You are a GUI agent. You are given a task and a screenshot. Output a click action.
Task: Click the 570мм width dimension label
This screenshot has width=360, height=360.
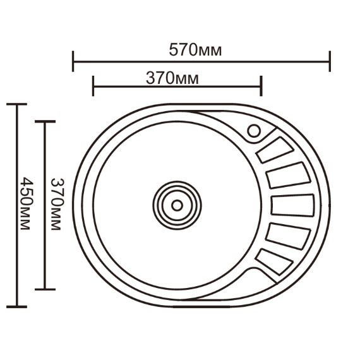click(195, 50)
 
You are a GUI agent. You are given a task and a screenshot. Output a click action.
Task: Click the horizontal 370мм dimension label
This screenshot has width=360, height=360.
click(172, 78)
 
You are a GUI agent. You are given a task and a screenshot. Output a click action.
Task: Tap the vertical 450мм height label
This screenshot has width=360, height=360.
click(27, 203)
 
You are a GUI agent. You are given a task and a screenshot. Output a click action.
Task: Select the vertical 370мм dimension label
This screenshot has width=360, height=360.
click(57, 204)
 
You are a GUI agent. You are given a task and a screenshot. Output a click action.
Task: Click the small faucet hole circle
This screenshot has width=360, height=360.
click(254, 131)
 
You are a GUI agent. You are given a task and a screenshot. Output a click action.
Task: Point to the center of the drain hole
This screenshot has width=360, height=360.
click(177, 205)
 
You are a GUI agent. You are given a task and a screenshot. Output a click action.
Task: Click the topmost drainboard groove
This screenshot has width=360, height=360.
click(275, 150)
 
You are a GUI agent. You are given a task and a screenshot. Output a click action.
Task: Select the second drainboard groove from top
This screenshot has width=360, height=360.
click(289, 176)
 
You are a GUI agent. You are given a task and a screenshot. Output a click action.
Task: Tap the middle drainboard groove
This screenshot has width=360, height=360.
click(292, 205)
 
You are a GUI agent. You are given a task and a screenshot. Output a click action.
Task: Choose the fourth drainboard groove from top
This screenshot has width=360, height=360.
click(288, 236)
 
